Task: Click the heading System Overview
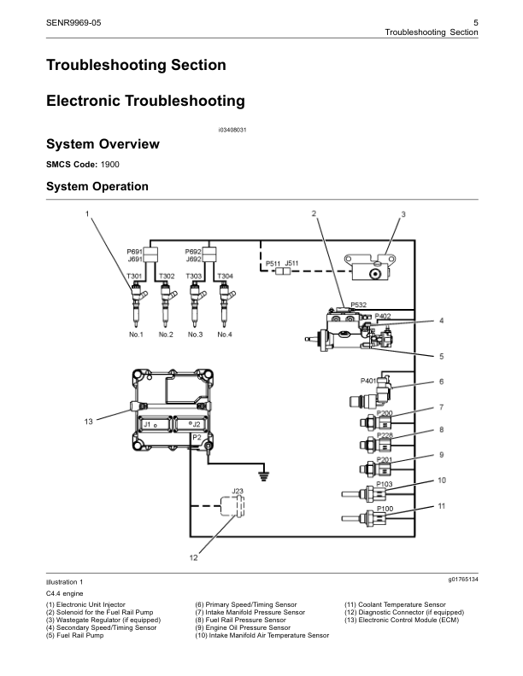103,144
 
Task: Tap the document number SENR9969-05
74,20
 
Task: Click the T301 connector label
134,277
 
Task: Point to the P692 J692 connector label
194,255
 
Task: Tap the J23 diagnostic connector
237,504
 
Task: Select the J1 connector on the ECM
149,423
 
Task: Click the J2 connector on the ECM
196,423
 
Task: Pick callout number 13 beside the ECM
87,422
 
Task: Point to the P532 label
359,304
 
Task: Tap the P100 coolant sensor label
386,509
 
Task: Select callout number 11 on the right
442,506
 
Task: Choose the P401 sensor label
369,381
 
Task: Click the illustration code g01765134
461,580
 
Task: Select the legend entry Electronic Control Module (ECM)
407,621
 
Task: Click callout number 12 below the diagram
194,557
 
